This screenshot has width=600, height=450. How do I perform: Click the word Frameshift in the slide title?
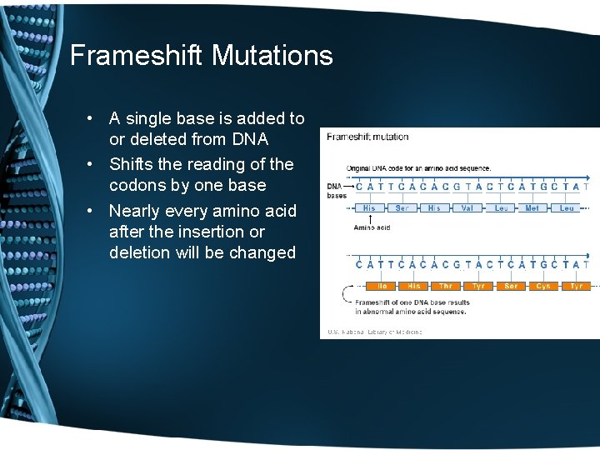pos(137,56)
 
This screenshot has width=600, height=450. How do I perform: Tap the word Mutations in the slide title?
pos(272,56)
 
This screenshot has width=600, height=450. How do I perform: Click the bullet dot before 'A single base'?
pos(98,119)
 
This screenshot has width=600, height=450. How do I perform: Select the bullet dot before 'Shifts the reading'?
pos(98,165)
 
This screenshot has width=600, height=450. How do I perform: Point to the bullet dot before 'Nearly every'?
pos(98,211)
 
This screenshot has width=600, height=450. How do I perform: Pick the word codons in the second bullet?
pos(137,185)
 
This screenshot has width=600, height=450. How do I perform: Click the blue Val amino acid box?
pos(467,208)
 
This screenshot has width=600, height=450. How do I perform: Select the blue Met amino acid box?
pos(532,208)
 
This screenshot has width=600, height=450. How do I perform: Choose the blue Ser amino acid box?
pos(402,208)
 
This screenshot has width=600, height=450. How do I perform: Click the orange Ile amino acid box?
pos(382,286)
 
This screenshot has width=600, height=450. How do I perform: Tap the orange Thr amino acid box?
pos(446,286)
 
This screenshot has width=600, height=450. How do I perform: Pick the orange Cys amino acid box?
pos(543,286)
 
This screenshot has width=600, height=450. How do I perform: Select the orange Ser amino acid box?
pos(511,286)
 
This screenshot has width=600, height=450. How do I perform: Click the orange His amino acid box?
pos(414,286)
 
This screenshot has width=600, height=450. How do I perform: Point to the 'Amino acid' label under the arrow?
pos(372,227)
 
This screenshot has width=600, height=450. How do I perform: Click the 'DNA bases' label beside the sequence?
pos(336,190)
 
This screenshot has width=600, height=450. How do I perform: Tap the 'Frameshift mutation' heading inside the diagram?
pos(367,137)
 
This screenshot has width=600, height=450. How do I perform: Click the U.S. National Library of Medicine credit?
pos(375,332)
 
